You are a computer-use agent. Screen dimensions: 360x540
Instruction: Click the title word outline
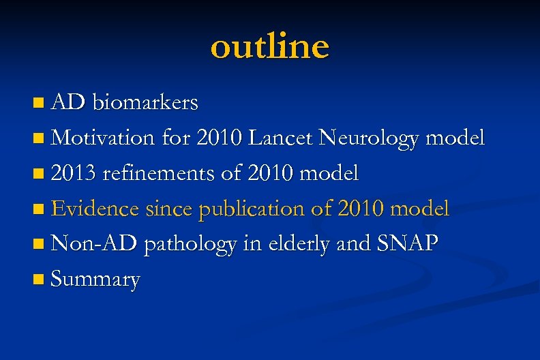269,46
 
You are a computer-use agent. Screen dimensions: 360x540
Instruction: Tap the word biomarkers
145,102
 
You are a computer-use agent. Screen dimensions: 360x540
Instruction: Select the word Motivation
104,138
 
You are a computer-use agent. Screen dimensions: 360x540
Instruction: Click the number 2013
74,173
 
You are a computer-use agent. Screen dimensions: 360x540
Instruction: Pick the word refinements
158,173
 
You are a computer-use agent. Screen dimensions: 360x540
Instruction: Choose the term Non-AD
94,244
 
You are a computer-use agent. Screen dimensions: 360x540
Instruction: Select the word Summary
95,280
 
